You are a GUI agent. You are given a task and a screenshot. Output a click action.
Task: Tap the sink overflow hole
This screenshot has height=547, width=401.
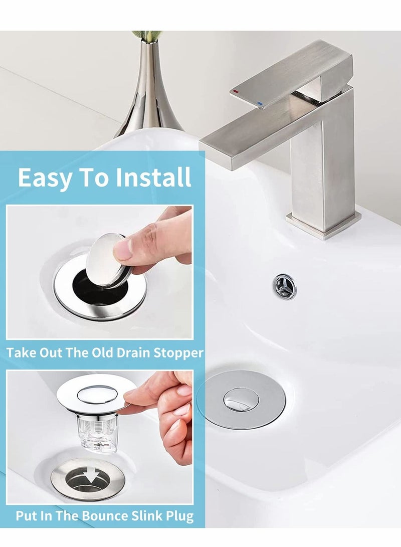tap(283, 283)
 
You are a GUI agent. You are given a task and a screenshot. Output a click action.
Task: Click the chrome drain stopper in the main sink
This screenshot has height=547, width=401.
tap(241, 399)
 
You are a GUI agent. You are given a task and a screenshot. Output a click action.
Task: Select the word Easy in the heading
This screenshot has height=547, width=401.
tap(45, 177)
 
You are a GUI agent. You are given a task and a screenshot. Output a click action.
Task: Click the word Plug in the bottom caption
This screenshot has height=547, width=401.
tap(178, 515)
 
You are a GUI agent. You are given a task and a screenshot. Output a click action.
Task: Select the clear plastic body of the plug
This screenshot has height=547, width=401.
tap(98, 431)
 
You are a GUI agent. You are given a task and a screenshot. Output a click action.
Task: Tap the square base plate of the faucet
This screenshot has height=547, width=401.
tap(323, 225)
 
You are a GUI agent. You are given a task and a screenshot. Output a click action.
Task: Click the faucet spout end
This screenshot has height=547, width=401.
tap(216, 150)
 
